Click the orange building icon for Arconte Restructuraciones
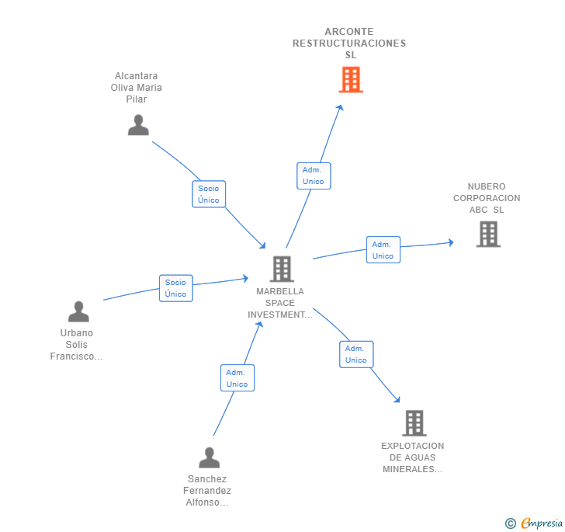click(x=351, y=79)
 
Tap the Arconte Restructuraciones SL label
click(x=349, y=43)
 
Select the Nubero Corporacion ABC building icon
click(x=488, y=234)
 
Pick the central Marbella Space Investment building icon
click(x=281, y=269)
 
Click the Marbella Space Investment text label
click(x=280, y=303)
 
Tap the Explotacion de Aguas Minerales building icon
click(x=414, y=423)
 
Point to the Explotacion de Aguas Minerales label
click(x=413, y=457)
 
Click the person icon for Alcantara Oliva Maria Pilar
click(x=138, y=125)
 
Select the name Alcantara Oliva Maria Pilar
click(x=137, y=88)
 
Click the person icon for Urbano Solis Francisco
click(x=78, y=311)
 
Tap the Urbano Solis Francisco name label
click(x=77, y=345)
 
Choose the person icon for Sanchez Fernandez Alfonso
click(x=209, y=457)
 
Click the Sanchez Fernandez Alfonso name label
click(x=207, y=491)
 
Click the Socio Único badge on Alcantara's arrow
click(x=209, y=194)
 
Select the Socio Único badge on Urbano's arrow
click(x=175, y=288)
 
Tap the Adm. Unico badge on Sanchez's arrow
click(x=237, y=378)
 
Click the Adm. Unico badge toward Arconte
click(x=314, y=176)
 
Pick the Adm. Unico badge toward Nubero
click(x=383, y=250)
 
